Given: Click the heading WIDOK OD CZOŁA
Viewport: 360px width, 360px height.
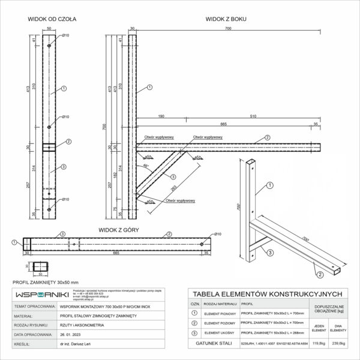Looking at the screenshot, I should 52,19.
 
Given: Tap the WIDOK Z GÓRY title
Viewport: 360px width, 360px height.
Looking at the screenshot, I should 117,229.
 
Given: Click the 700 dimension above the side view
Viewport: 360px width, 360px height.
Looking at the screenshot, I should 228,28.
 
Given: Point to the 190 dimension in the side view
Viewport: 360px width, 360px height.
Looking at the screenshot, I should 161,115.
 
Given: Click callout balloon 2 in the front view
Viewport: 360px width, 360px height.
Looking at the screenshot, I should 68,142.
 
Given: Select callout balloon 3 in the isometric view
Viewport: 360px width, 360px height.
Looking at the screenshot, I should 270,254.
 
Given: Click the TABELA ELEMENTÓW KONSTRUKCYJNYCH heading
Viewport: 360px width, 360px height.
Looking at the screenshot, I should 265,293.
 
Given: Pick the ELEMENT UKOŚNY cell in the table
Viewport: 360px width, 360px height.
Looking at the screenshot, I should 220,331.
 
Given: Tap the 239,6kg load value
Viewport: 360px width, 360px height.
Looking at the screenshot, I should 337,344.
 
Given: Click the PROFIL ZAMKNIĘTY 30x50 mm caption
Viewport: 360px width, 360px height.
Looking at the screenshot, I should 37,281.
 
